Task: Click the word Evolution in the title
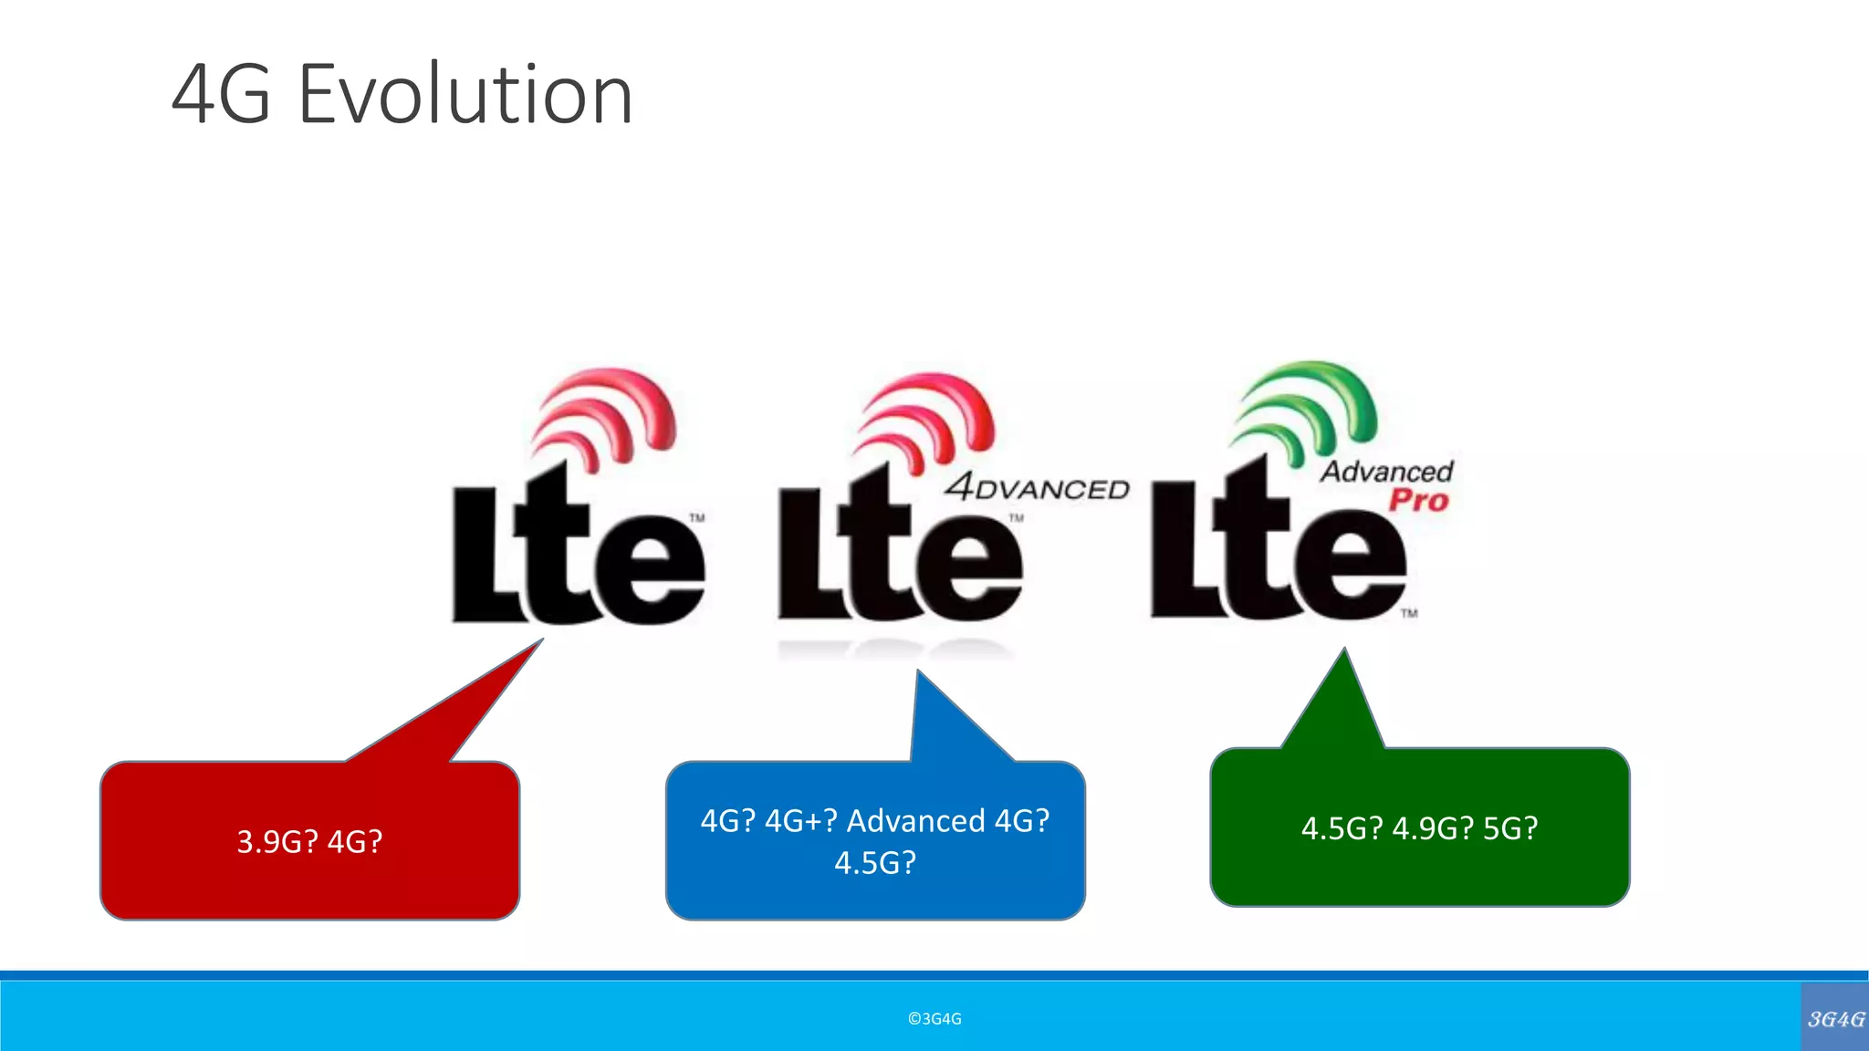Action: point(465,95)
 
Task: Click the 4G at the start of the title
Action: point(221,95)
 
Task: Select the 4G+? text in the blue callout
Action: point(800,821)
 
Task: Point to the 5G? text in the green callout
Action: point(1510,828)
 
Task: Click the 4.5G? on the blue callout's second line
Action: point(874,863)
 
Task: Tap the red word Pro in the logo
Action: point(1418,500)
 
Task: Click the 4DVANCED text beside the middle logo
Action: point(1038,488)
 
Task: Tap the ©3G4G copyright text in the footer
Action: point(934,1019)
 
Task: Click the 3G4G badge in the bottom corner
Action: point(1835,1018)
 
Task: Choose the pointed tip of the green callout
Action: point(1343,651)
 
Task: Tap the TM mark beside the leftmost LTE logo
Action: point(697,518)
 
